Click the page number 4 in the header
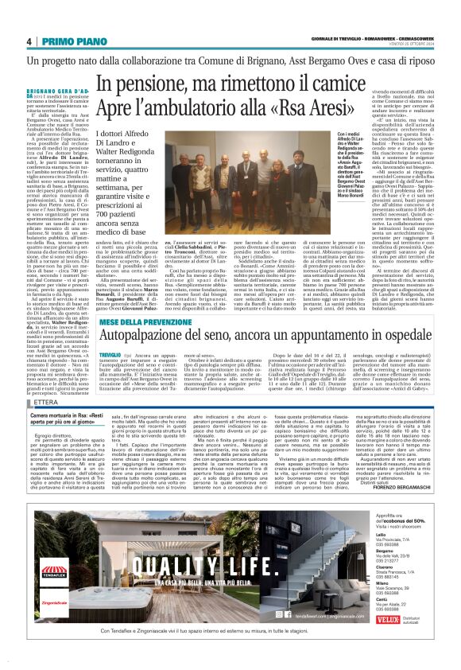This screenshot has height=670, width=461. pos(29,41)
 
